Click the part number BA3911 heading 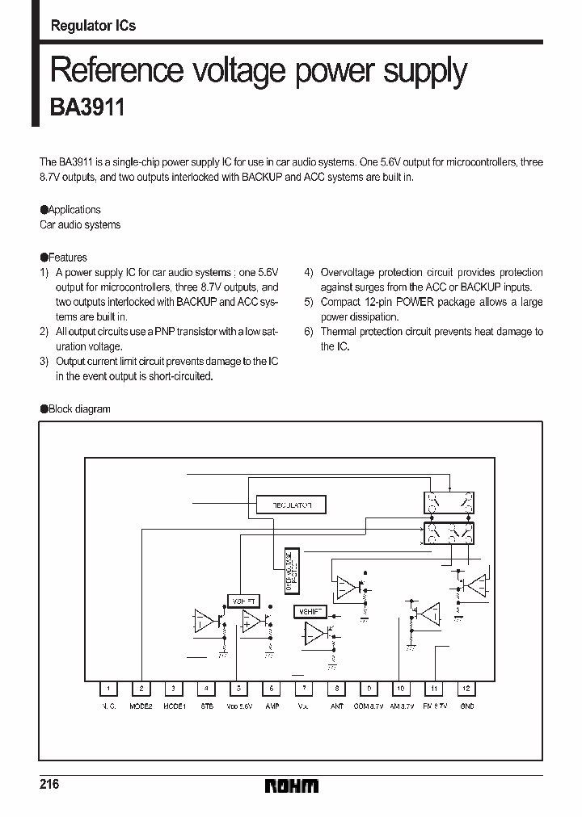point(87,108)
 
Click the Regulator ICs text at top point(93,26)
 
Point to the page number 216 point(49,785)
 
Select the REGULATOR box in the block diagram point(292,505)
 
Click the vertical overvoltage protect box point(292,570)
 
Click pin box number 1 point(108,689)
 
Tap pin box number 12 point(466,689)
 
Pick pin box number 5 point(238,689)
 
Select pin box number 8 point(336,689)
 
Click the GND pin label point(466,706)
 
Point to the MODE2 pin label point(141,706)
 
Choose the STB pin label point(206,706)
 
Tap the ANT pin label point(336,706)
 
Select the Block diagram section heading point(78,409)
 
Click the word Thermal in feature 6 point(339,332)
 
